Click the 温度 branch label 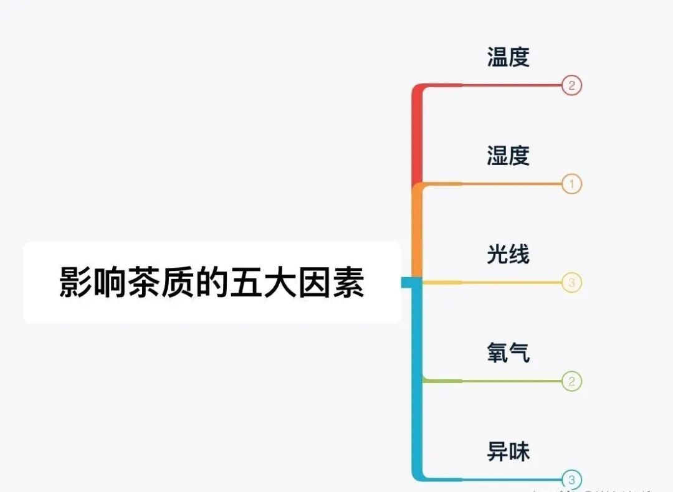[508, 57]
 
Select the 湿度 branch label [508, 156]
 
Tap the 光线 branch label [508, 254]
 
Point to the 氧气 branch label [508, 352]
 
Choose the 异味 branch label [508, 451]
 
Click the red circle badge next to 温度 [571, 85]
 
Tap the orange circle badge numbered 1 [571, 184]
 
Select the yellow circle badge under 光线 [571, 283]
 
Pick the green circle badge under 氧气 [571, 381]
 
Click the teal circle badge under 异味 [571, 480]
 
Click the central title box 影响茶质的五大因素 [212, 282]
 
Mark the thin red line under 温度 [511, 85]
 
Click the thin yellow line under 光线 [511, 283]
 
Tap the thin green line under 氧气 [511, 381]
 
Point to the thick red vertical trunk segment [418, 137]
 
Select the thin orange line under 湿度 [511, 184]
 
